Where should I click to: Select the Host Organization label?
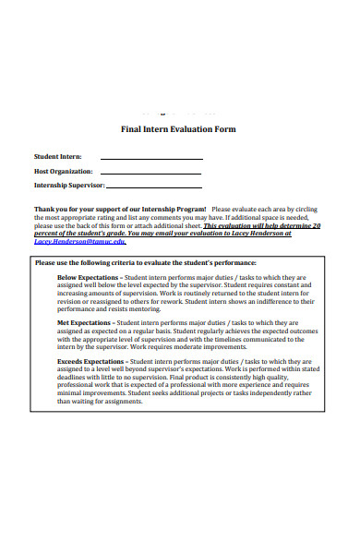click(x=64, y=172)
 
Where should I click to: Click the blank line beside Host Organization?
click(x=150, y=174)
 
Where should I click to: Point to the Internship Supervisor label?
click(x=71, y=186)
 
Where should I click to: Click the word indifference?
click(x=273, y=301)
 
